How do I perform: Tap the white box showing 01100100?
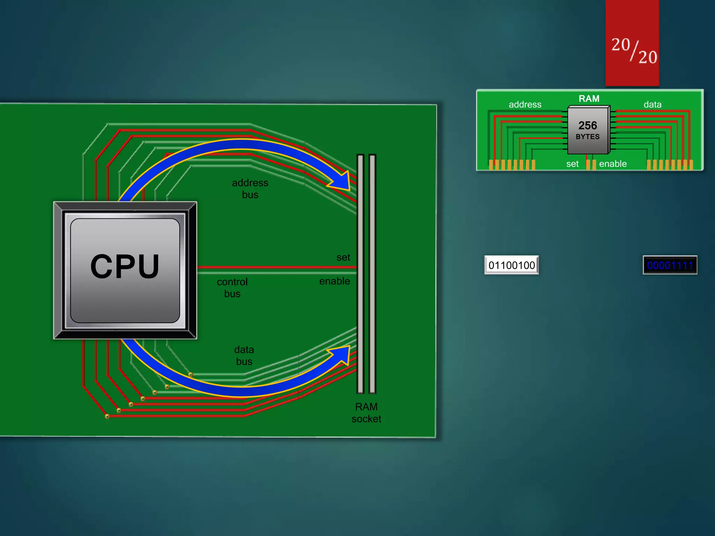(511, 265)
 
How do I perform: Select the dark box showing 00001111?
(670, 265)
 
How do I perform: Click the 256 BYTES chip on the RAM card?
(588, 130)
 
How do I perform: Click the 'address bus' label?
(250, 189)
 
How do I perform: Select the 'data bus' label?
(244, 355)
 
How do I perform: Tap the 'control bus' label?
(232, 288)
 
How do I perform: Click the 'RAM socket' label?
(366, 412)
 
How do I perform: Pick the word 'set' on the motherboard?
(343, 258)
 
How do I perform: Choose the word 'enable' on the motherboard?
(334, 281)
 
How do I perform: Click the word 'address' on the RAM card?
(525, 104)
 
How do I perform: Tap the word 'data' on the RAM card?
(652, 104)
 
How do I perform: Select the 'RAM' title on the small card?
(589, 99)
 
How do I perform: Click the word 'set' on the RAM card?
(572, 164)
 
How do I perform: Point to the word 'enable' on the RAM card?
(613, 164)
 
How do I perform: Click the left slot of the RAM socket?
(361, 274)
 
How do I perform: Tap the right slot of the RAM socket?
(372, 274)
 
